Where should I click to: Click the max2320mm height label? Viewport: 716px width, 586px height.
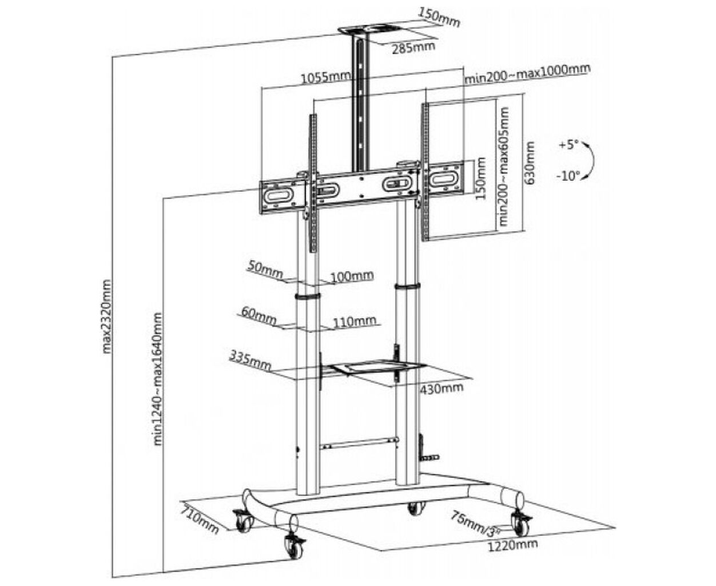pyautogui.click(x=106, y=316)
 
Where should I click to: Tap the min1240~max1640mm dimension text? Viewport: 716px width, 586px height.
pyautogui.click(x=158, y=379)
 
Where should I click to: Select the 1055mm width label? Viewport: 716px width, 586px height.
pyautogui.click(x=325, y=77)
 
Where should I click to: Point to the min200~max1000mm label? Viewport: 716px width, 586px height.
pyautogui.click(x=527, y=74)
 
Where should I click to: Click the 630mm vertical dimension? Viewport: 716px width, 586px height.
pyautogui.click(x=529, y=163)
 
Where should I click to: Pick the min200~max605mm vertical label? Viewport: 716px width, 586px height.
pyautogui.click(x=504, y=167)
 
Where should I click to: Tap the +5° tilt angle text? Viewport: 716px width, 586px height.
pyautogui.click(x=568, y=145)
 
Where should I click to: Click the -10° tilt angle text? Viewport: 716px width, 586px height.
pyautogui.click(x=568, y=176)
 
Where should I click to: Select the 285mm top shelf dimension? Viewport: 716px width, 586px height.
pyautogui.click(x=413, y=47)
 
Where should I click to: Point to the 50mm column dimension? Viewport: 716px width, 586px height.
pyautogui.click(x=265, y=270)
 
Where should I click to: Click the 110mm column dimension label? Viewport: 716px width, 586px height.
pyautogui.click(x=355, y=321)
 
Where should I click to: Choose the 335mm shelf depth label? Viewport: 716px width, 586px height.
pyautogui.click(x=250, y=361)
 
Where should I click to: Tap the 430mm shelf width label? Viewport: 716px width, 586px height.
pyautogui.click(x=441, y=388)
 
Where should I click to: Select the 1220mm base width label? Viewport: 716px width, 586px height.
pyautogui.click(x=512, y=555)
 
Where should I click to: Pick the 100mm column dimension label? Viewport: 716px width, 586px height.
pyautogui.click(x=352, y=276)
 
